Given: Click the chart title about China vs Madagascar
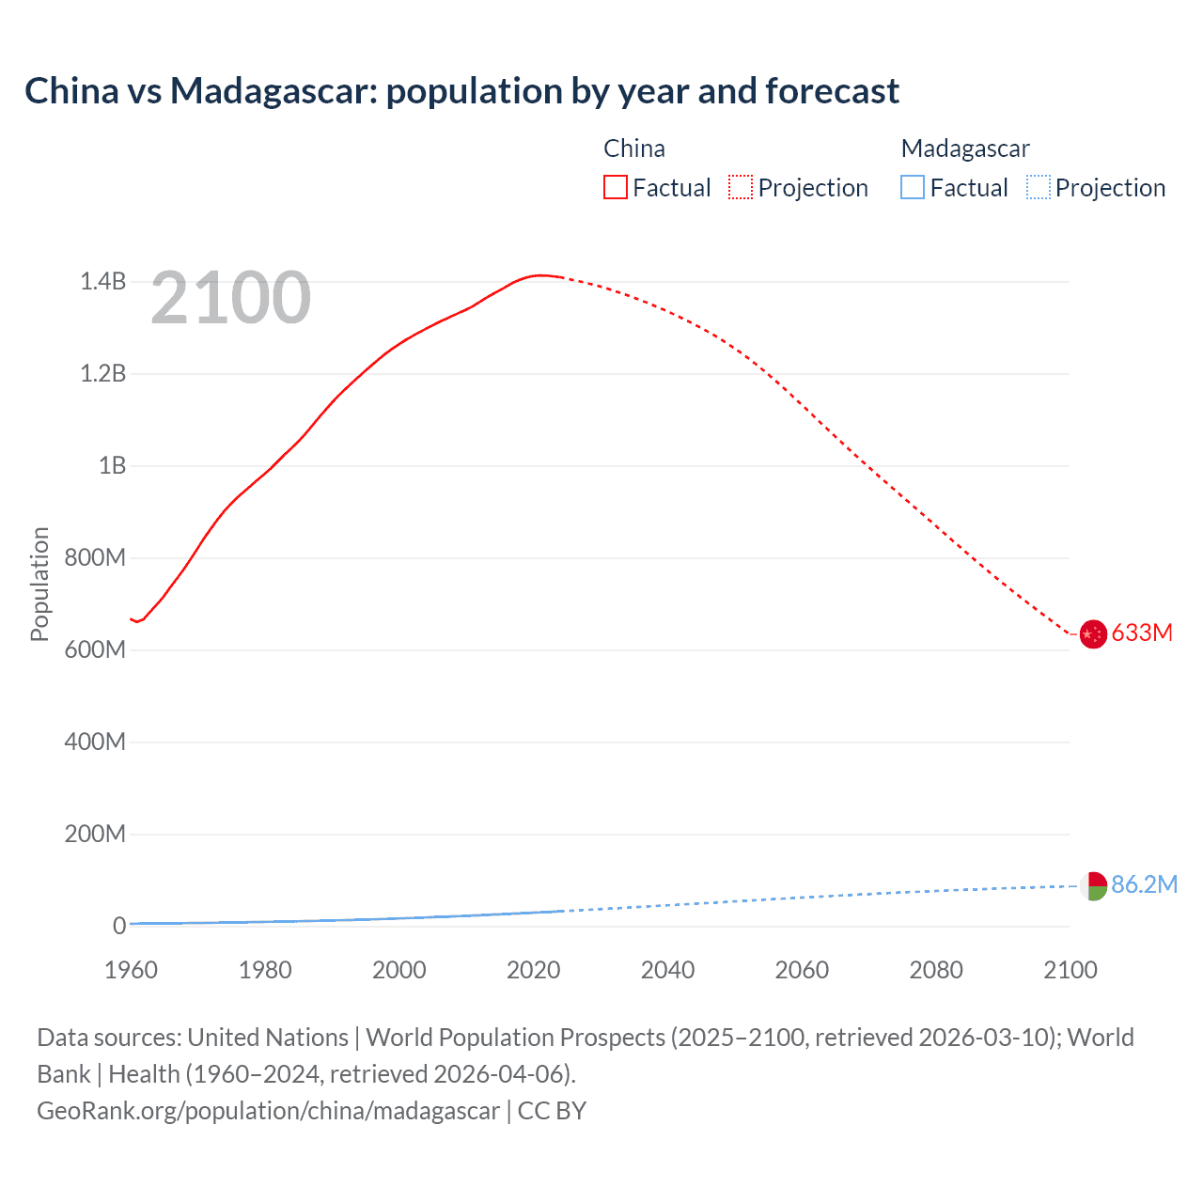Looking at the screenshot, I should [x=461, y=91].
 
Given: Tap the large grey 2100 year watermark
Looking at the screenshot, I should [x=230, y=298].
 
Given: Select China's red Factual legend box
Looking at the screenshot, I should [x=615, y=188].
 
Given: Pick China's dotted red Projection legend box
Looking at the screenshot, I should [x=741, y=188].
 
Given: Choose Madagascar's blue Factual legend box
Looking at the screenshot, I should [x=912, y=188].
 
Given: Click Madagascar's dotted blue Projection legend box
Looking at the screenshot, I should [x=1038, y=188].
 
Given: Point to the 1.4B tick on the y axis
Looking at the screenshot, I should [x=102, y=282].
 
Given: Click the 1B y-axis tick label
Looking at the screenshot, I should [x=112, y=466].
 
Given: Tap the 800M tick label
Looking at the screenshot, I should [x=95, y=558].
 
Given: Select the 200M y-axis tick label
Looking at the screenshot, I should [x=95, y=835].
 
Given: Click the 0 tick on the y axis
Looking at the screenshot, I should [x=119, y=926].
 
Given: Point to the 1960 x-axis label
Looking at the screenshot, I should [x=131, y=970].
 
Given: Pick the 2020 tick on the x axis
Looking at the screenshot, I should [x=533, y=970].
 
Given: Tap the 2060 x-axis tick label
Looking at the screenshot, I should [x=802, y=970].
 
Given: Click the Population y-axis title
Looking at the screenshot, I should [x=39, y=584].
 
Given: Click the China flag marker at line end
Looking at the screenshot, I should [x=1092, y=634].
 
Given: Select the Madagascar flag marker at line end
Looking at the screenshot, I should [x=1092, y=885].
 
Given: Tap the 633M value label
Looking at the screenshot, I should [x=1142, y=633].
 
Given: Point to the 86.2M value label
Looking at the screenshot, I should [x=1144, y=884].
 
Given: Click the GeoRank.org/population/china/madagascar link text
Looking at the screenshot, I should [x=268, y=1111].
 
